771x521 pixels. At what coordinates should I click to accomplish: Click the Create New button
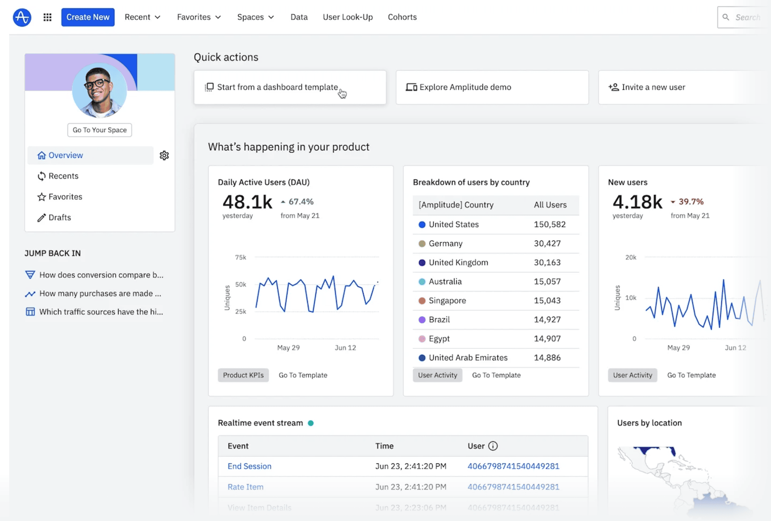click(88, 17)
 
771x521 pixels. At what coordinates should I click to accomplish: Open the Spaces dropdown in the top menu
click(255, 17)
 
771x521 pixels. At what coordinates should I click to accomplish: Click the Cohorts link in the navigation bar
click(402, 17)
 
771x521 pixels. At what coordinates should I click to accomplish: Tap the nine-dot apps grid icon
click(47, 17)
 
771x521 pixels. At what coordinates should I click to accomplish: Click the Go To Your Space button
click(100, 130)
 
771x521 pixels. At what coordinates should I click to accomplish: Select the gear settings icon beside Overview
click(164, 155)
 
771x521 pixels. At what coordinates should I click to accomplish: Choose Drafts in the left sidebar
click(60, 217)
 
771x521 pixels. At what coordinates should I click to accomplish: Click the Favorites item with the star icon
click(65, 197)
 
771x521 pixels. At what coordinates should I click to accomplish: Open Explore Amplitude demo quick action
click(465, 87)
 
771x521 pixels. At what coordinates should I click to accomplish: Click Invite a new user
click(653, 87)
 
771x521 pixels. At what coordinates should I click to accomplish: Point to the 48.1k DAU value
click(247, 202)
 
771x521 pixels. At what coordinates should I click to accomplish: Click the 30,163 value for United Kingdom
click(547, 263)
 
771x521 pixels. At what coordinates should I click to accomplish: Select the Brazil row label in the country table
click(439, 320)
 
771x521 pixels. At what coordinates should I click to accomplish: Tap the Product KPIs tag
click(243, 375)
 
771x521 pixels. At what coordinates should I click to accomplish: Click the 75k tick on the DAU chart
click(241, 257)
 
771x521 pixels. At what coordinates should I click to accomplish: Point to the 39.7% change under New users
click(691, 201)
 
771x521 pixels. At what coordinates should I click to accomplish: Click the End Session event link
click(249, 466)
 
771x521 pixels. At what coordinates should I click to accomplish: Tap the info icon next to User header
click(493, 446)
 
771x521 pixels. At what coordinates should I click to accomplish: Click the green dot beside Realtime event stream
click(311, 423)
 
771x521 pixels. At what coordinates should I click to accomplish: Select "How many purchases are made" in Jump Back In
click(100, 293)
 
